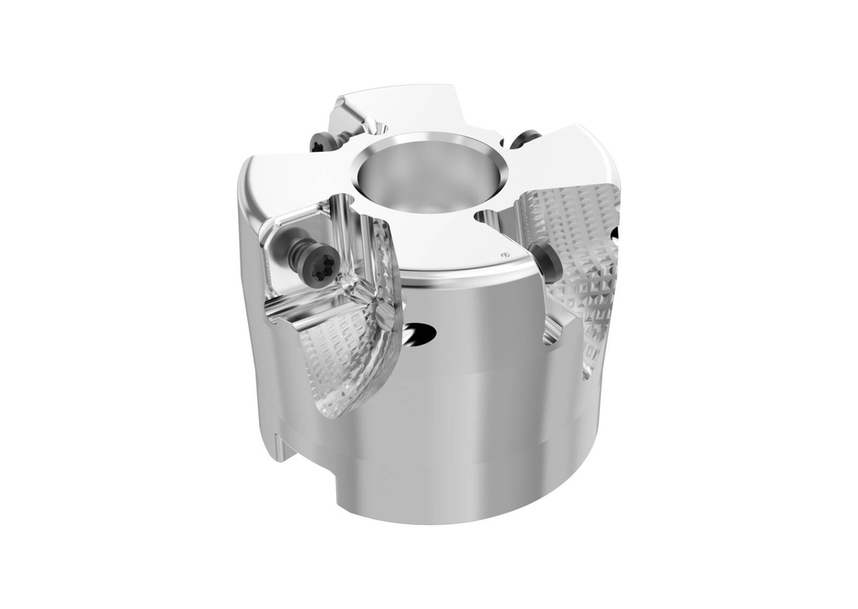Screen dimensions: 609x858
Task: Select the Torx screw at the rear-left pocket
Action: [x=320, y=143]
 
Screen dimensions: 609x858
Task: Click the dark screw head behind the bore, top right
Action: [x=525, y=138]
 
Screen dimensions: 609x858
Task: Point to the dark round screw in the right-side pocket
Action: [x=546, y=262]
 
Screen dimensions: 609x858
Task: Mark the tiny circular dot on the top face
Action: [x=504, y=253]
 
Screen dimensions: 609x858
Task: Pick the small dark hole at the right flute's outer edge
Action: [x=616, y=234]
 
